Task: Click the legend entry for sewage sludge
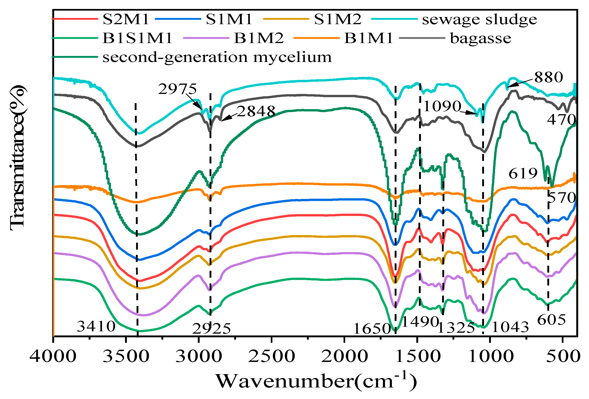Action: (479, 20)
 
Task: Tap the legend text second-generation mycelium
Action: (217, 57)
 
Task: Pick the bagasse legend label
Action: (480, 38)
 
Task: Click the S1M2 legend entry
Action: (337, 19)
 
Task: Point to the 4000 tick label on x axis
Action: (53, 356)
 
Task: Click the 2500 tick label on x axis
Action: (271, 356)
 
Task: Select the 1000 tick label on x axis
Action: (491, 356)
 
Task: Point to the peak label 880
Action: (549, 77)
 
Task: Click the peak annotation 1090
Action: (442, 106)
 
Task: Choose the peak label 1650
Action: (372, 329)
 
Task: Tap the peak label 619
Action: (523, 173)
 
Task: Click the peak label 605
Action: (551, 320)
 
